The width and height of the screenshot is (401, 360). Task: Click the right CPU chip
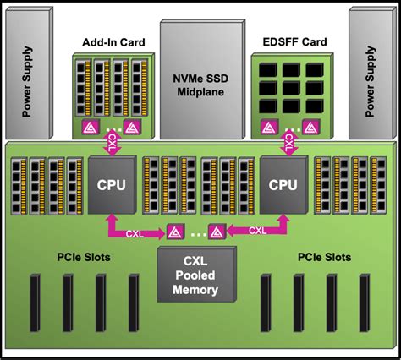click(x=281, y=183)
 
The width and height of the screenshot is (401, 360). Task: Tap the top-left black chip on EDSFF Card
click(x=269, y=70)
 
